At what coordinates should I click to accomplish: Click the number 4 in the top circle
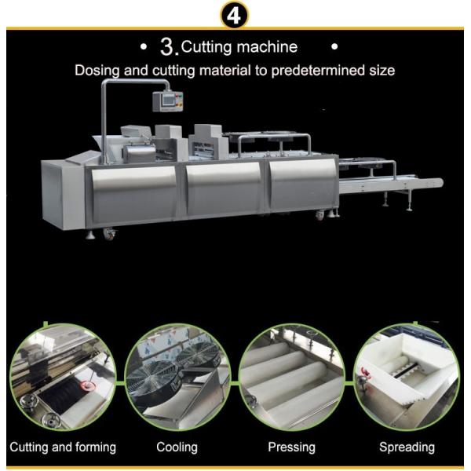[234, 16]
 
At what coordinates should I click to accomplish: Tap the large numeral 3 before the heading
[167, 47]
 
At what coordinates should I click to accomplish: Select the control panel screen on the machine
[167, 100]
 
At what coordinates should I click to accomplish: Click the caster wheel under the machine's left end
[109, 233]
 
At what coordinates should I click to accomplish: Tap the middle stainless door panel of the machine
[224, 188]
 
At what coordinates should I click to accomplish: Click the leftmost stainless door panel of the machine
[134, 195]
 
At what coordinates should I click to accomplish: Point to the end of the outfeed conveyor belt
[440, 182]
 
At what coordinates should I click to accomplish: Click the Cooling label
[177, 447]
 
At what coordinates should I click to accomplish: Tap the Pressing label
[291, 447]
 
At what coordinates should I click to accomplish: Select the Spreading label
[407, 447]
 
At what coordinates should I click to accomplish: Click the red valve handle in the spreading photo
[365, 372]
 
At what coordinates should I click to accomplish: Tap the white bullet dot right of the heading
[334, 46]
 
